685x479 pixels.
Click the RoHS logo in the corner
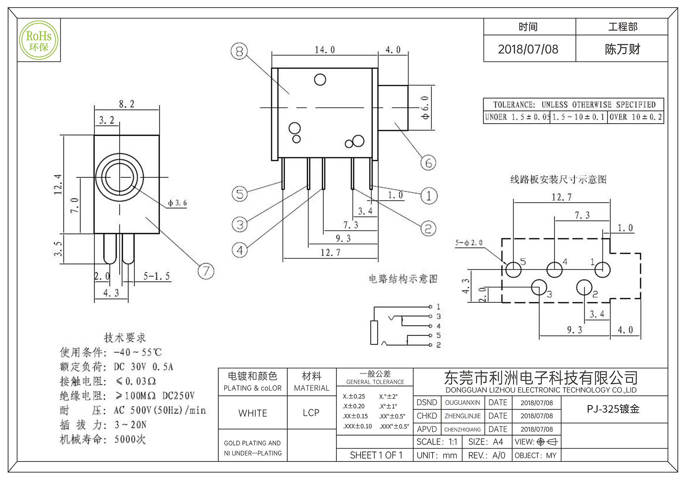pyautogui.click(x=39, y=40)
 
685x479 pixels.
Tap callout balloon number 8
pyautogui.click(x=239, y=51)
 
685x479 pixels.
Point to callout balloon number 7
pyautogui.click(x=206, y=271)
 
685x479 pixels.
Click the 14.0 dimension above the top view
pyautogui.click(x=325, y=50)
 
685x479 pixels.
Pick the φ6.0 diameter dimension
pyautogui.click(x=425, y=108)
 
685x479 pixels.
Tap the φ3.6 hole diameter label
pyautogui.click(x=177, y=203)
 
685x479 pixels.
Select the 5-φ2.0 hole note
pyautogui.click(x=469, y=243)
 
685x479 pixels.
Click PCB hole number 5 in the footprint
pyautogui.click(x=513, y=270)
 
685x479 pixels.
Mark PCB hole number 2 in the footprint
pyautogui.click(x=584, y=287)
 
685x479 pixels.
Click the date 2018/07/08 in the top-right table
pyautogui.click(x=528, y=49)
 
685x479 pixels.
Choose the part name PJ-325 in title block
pyautogui.click(x=613, y=409)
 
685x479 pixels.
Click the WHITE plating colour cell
pyautogui.click(x=253, y=413)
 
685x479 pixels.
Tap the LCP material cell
pyautogui.click(x=311, y=413)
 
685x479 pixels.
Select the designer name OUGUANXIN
pyautogui.click(x=462, y=403)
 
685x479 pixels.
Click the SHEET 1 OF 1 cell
pyautogui.click(x=376, y=455)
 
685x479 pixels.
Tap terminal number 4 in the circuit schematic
pyautogui.click(x=438, y=326)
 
